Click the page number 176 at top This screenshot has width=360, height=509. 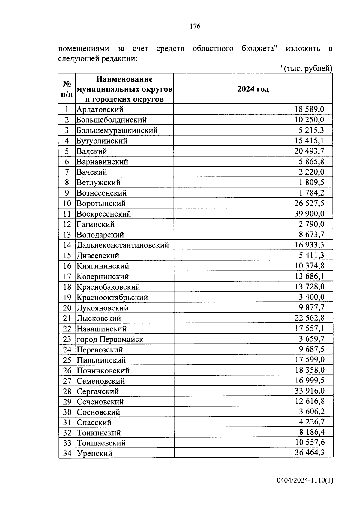[x=195, y=26]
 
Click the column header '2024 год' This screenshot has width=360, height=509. [x=253, y=89]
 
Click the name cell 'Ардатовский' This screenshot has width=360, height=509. [x=100, y=109]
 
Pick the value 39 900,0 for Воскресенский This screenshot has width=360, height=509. [x=309, y=214]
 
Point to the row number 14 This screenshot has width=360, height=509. [x=67, y=245]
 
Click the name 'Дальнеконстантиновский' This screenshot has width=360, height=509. [x=123, y=245]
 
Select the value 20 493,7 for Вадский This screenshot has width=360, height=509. [x=309, y=151]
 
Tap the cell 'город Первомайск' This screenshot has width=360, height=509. [x=110, y=339]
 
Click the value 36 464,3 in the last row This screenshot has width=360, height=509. [x=309, y=452]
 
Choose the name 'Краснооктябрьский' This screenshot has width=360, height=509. [x=112, y=298]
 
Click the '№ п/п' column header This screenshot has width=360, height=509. [x=67, y=89]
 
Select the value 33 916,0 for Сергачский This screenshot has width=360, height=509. [x=309, y=391]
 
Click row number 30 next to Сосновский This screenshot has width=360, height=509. [x=67, y=412]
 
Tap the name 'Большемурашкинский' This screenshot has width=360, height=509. [x=117, y=130]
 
